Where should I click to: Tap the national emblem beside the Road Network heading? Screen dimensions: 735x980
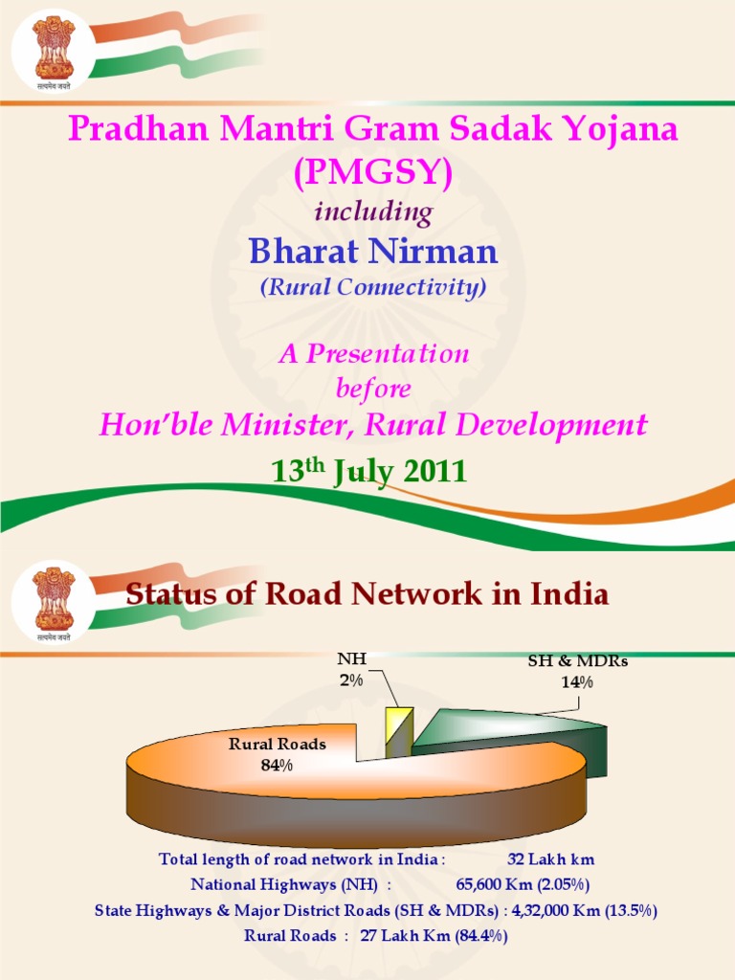(54, 601)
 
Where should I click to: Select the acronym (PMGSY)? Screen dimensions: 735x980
(373, 172)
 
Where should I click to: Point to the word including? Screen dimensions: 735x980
(373, 212)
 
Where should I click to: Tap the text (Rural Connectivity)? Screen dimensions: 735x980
(373, 287)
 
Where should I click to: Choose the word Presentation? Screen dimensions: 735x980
(388, 354)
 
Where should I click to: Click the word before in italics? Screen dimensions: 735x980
(373, 389)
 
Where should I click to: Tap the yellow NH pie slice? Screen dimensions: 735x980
(399, 732)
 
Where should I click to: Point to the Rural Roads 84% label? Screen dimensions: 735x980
(277, 754)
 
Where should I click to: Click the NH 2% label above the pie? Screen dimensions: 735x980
(352, 669)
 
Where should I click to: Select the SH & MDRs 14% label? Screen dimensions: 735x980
(577, 671)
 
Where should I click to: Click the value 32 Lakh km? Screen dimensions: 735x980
(550, 859)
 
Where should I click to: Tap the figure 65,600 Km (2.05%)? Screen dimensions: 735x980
(523, 884)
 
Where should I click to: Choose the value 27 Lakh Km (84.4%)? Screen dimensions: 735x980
(434, 936)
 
